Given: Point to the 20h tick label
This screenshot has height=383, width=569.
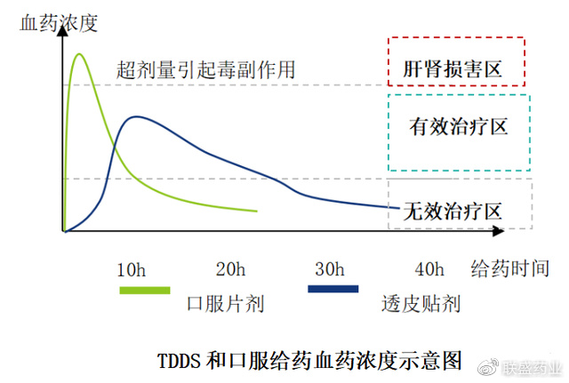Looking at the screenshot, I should click(x=230, y=269).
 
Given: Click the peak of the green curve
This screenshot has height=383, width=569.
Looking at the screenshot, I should click(x=79, y=55).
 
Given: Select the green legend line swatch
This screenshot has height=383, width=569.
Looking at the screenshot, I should click(x=144, y=289).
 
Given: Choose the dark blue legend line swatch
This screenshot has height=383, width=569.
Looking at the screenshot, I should click(x=333, y=289).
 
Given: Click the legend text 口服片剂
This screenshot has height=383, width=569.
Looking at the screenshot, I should click(x=226, y=304).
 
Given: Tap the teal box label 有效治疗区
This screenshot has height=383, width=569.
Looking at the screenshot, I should click(x=457, y=127).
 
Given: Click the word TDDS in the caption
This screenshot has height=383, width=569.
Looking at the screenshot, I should click(x=180, y=360).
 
